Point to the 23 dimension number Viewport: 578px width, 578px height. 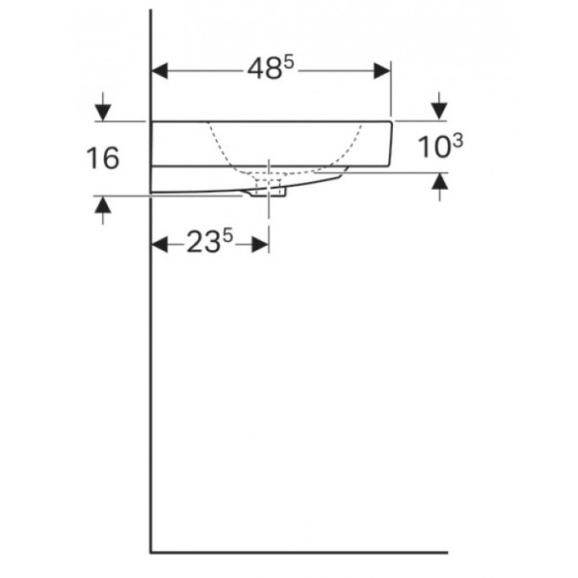point(202,245)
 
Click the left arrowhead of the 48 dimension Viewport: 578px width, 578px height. point(160,71)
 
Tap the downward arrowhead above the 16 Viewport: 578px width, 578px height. point(103,113)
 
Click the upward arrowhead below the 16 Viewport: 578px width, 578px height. point(103,206)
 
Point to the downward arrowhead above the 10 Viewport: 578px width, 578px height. point(439,112)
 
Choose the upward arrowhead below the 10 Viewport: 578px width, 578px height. point(439,181)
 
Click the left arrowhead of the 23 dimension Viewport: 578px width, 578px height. point(160,245)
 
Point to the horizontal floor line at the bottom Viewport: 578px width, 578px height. point(299,553)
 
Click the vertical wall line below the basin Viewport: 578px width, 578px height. point(150,385)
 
